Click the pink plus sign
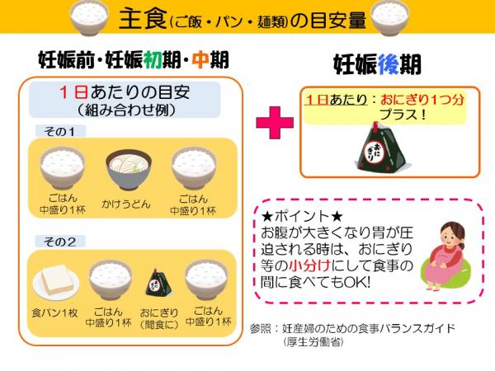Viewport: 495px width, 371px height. [x=275, y=122]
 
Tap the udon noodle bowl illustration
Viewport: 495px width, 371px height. [x=129, y=169]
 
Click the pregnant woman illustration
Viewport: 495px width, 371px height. [x=445, y=256]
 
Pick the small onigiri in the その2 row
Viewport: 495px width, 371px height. [x=158, y=282]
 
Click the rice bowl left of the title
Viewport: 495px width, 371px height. [x=89, y=16]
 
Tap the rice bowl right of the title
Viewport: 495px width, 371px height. [x=389, y=17]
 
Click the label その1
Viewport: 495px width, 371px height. [x=60, y=131]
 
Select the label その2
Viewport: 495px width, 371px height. [x=60, y=242]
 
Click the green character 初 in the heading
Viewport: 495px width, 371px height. [x=153, y=59]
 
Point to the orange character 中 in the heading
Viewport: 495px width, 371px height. [x=200, y=59]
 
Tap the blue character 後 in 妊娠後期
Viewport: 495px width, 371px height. [x=389, y=64]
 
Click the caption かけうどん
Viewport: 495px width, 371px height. [x=126, y=204]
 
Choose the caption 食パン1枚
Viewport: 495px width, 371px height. [x=55, y=313]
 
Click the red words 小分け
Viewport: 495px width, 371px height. [x=309, y=265]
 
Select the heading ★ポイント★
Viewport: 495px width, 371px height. [x=302, y=216]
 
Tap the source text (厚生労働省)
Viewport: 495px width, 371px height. [x=313, y=342]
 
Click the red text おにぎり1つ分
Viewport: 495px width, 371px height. [x=422, y=100]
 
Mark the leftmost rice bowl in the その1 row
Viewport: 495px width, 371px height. [x=63, y=168]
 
